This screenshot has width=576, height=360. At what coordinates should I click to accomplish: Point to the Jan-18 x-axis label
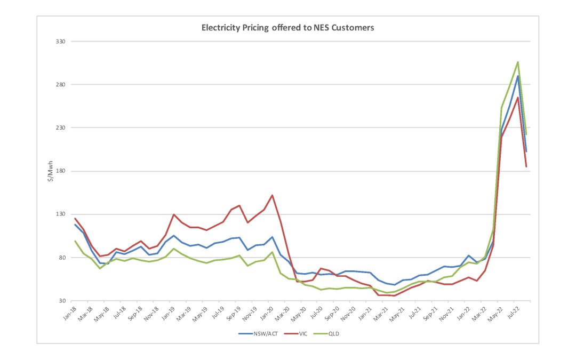click(69, 313)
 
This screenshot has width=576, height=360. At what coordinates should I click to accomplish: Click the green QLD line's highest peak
click(518, 62)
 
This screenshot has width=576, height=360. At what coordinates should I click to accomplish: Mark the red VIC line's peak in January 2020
click(272, 195)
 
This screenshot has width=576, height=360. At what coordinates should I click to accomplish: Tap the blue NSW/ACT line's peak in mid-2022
click(518, 76)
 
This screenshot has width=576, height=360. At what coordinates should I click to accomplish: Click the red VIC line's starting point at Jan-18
click(75, 218)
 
